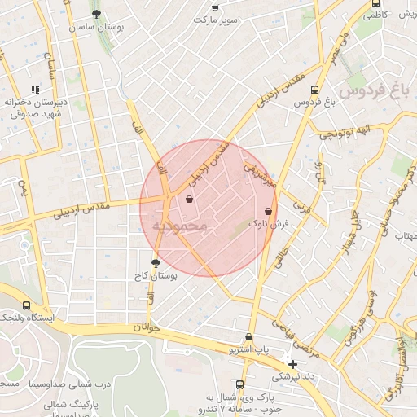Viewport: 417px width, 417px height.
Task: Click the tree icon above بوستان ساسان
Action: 97,14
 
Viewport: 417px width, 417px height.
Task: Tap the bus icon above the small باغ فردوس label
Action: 315,90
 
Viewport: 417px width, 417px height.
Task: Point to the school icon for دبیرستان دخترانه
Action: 34,90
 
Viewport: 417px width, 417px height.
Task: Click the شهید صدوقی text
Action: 34,114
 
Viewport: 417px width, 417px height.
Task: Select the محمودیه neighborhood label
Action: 180,225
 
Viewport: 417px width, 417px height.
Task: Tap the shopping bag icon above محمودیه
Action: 190,199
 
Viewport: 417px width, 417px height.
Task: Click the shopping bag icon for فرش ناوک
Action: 267,210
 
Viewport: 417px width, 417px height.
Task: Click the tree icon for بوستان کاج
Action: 156,262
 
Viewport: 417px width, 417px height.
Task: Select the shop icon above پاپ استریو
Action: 248,337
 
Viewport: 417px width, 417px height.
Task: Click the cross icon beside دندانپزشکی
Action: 292,363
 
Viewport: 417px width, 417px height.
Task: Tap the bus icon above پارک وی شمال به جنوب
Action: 239,384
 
